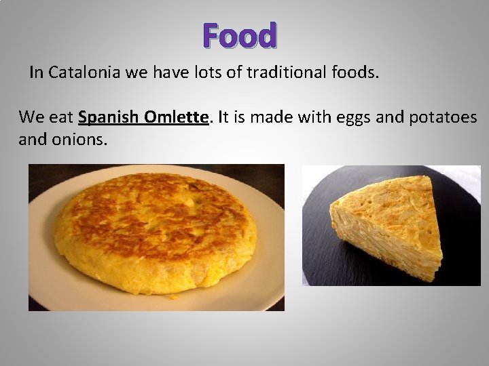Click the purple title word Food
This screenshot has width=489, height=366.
click(239, 37)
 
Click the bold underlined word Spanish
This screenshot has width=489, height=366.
click(109, 117)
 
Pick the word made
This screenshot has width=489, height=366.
click(270, 117)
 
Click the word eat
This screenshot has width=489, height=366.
click(61, 117)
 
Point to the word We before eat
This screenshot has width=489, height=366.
click(31, 117)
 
